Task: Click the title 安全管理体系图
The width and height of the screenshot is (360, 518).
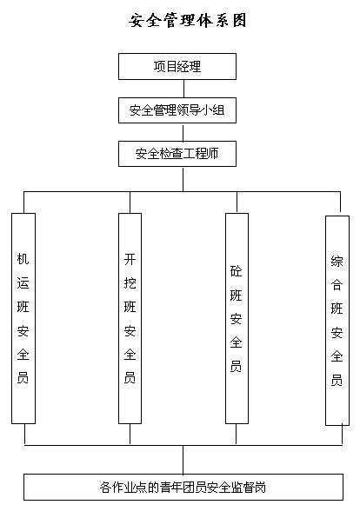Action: coord(188,21)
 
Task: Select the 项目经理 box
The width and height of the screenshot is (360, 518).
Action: coord(177,66)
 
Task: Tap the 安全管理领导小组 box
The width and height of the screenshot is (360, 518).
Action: coord(177,110)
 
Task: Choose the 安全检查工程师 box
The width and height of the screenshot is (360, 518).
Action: coord(177,154)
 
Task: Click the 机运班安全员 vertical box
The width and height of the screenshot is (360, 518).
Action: coord(23,318)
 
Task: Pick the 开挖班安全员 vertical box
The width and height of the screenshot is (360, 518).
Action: coord(130,318)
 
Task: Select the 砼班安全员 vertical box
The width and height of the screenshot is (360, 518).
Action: coord(237,318)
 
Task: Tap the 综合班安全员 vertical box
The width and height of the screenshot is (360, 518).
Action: coord(337,321)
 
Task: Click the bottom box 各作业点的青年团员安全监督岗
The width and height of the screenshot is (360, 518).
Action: coord(183,488)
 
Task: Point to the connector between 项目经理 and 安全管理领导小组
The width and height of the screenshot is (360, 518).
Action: coord(183,89)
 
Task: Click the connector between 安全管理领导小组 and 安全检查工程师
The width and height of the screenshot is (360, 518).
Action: coord(183,132)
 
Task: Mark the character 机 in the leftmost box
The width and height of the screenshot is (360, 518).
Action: coord(23,259)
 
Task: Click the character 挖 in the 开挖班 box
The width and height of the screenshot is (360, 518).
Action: coord(130,283)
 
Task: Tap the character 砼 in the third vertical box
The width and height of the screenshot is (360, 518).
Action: coord(236,271)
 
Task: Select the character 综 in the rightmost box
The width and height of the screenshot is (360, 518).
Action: coord(337,262)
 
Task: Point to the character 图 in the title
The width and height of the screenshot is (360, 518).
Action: coord(239,21)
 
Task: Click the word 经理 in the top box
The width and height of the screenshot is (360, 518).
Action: coord(189,66)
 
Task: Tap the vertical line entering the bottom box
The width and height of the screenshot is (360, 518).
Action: coord(183,460)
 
